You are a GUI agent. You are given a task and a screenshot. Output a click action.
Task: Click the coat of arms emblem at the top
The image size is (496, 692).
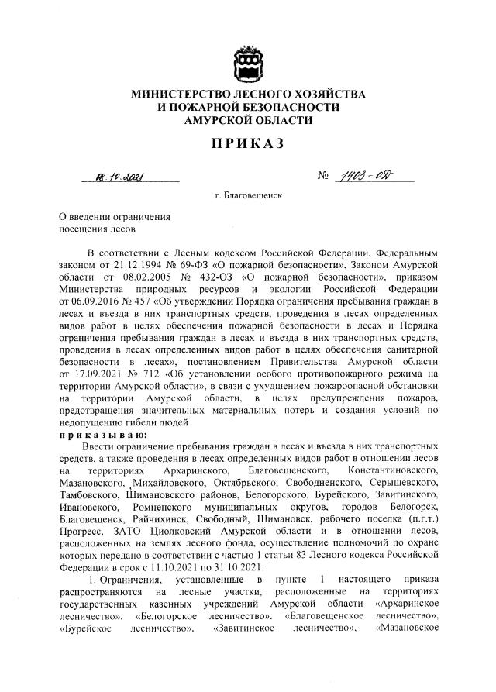[x=247, y=62]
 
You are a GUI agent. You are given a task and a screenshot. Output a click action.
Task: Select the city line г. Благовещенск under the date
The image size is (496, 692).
[x=248, y=196]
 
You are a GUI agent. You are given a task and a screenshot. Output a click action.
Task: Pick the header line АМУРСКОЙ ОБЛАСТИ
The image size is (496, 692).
[x=248, y=119]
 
